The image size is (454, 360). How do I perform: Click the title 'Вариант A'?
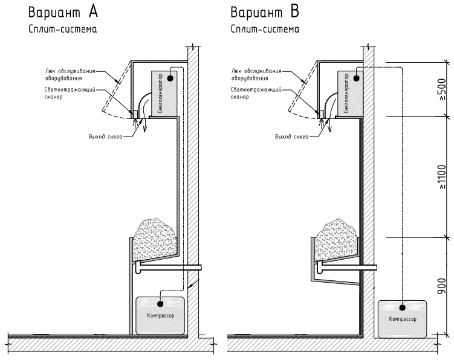(48, 13)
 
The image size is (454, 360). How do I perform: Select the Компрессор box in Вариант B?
(403, 318)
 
